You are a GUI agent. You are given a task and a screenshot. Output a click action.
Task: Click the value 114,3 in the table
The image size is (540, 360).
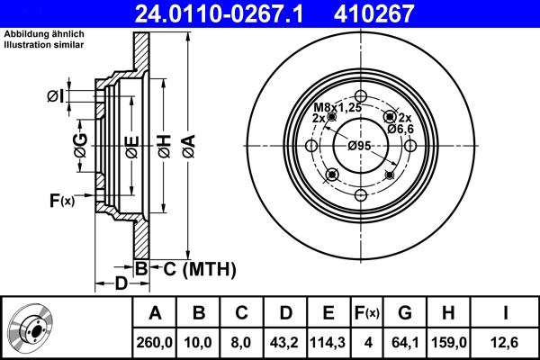click(329, 342)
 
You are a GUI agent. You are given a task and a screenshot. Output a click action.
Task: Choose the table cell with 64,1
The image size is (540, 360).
click(405, 342)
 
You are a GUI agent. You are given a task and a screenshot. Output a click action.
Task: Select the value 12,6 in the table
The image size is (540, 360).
click(505, 342)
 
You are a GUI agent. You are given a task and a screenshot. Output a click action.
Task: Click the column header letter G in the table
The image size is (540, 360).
click(405, 313)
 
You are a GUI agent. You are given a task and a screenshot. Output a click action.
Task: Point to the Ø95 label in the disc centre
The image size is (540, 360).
click(359, 146)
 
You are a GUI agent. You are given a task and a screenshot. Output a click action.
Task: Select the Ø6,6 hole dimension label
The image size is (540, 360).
click(400, 129)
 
